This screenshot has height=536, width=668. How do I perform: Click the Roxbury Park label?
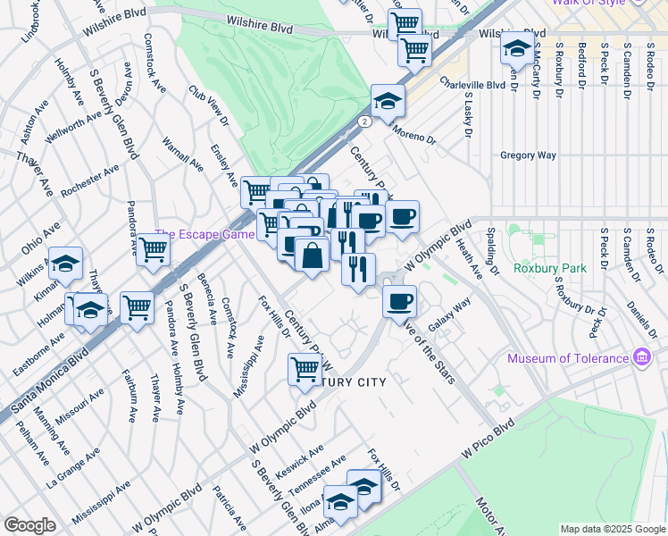[x=551, y=268]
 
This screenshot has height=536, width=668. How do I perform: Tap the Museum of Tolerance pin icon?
[x=642, y=358]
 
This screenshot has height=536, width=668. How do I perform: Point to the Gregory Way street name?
[x=528, y=155]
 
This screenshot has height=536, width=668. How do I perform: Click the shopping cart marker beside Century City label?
[x=305, y=368]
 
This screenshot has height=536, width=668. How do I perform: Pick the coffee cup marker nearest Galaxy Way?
[x=400, y=300]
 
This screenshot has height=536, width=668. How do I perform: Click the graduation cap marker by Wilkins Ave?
[x=65, y=263]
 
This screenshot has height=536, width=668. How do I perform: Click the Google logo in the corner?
[x=29, y=525]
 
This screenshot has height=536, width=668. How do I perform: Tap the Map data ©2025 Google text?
[x=612, y=529]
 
